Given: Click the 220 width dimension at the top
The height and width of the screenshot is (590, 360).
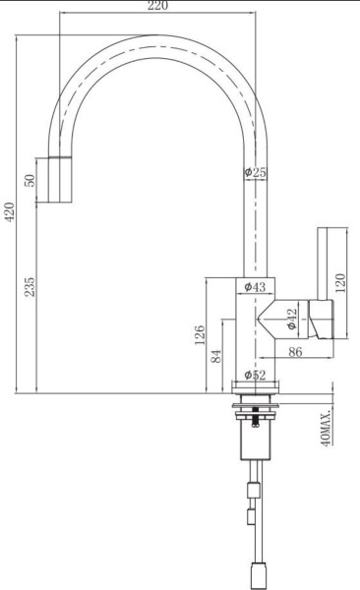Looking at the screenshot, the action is pyautogui.click(x=158, y=6).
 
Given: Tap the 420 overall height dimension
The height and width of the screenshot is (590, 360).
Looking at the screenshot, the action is pyautogui.click(x=10, y=211).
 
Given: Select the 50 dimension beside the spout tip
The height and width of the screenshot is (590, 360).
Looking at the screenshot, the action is pyautogui.click(x=30, y=180).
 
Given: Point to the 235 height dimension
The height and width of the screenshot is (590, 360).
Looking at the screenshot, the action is pyautogui.click(x=30, y=287).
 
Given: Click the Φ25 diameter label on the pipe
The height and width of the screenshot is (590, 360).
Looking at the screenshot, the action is pyautogui.click(x=256, y=172).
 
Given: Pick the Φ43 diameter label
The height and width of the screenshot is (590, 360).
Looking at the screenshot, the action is pyautogui.click(x=255, y=287).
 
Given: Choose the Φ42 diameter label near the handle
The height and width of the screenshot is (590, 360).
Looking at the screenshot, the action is pyautogui.click(x=292, y=319).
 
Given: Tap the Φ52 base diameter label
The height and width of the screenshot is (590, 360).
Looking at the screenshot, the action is pyautogui.click(x=255, y=375).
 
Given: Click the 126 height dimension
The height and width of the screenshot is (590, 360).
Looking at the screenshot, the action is pyautogui.click(x=200, y=335).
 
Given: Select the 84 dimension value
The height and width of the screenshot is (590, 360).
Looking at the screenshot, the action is pyautogui.click(x=216, y=356).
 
